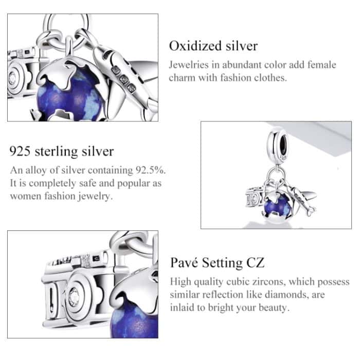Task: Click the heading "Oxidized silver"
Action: tap(213, 46)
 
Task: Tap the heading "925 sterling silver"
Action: tap(62, 151)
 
